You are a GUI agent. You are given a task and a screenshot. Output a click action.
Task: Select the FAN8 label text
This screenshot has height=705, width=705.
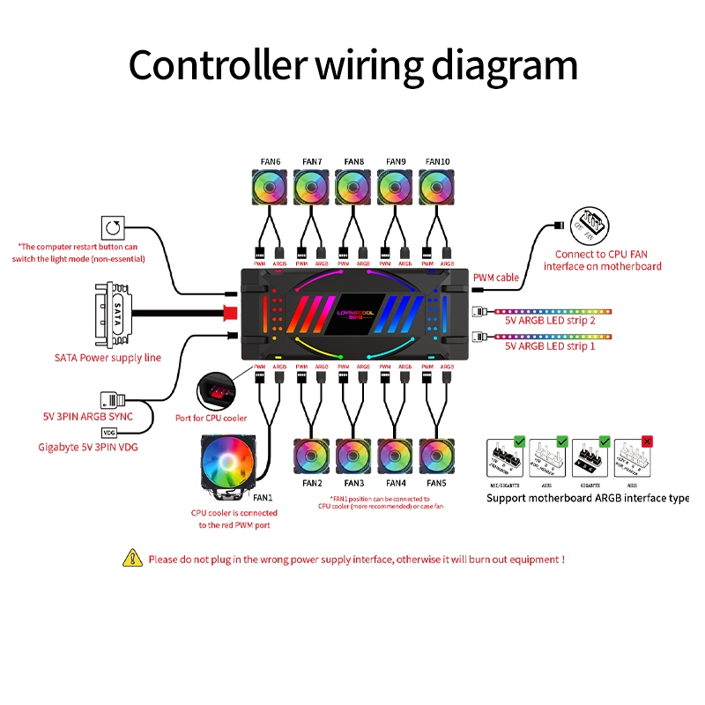[354, 161]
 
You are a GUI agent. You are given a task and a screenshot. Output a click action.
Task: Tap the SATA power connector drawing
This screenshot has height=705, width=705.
[112, 313]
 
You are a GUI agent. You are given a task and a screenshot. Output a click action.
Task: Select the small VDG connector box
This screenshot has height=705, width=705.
[109, 433]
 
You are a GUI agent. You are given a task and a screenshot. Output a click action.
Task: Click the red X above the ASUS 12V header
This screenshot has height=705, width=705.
[648, 441]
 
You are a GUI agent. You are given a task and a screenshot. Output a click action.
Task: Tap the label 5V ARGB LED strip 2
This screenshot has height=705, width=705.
[550, 321]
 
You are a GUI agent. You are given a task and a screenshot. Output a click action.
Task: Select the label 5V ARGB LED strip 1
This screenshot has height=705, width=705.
[550, 346]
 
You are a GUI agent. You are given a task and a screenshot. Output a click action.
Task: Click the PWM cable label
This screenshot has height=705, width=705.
[496, 278]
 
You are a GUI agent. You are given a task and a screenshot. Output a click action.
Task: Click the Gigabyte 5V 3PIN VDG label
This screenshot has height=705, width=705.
[88, 448]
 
